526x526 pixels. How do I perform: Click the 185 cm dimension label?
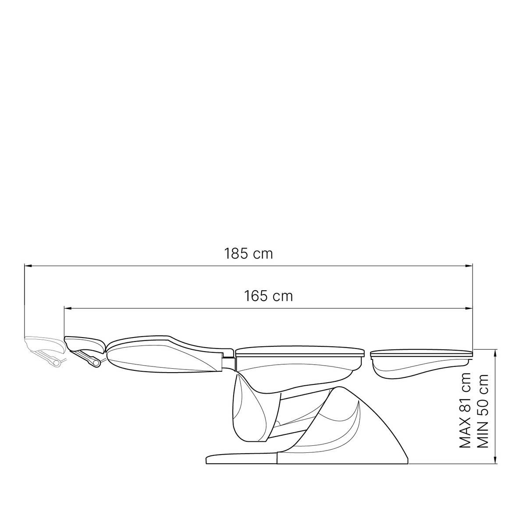click(x=248, y=254)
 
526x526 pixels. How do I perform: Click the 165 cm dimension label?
click(x=268, y=296)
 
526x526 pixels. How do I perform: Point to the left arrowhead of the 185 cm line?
click(x=28, y=265)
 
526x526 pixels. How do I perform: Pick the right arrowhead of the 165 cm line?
click(x=469, y=309)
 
